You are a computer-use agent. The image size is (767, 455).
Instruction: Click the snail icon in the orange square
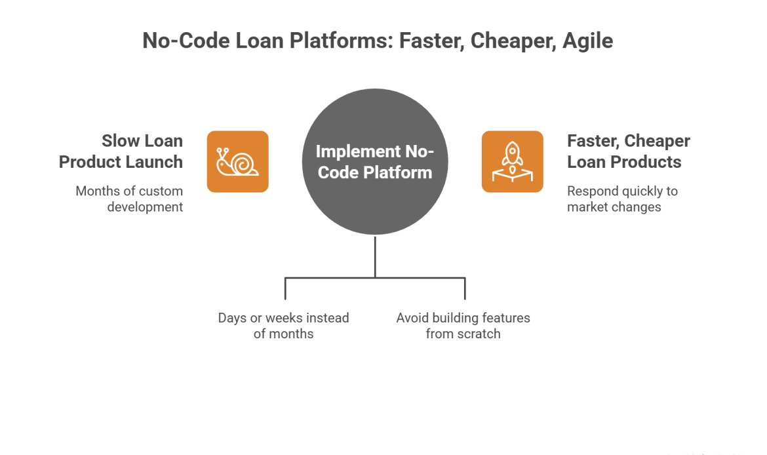(237, 161)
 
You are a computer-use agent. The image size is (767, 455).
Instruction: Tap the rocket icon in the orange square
(512, 161)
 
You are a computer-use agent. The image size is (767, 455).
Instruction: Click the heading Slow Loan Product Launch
(121, 151)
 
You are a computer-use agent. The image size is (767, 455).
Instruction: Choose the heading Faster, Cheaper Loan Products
(628, 151)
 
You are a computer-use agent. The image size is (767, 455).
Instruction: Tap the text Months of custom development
(129, 199)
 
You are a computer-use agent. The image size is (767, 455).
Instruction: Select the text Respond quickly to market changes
(622, 199)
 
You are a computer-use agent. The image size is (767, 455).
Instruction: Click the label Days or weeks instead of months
(284, 326)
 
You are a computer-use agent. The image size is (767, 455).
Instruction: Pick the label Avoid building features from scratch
(463, 326)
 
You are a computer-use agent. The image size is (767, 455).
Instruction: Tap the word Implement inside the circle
(354, 151)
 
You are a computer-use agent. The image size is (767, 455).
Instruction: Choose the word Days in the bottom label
(233, 318)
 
